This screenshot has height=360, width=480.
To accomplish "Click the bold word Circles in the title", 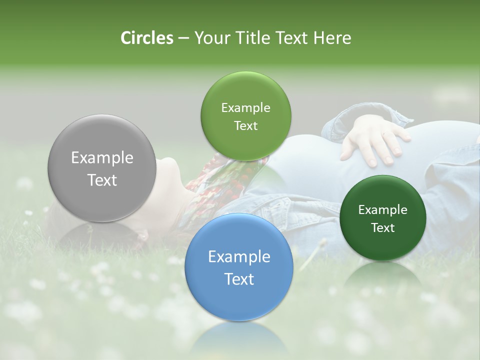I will (x=146, y=38).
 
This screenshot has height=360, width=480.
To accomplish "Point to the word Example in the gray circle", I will (x=102, y=158).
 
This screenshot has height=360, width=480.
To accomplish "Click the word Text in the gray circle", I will (x=102, y=180).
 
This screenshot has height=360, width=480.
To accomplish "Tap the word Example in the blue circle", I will (x=239, y=257).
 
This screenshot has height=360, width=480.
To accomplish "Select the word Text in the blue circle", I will (x=239, y=279).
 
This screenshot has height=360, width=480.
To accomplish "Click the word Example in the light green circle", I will (x=246, y=108).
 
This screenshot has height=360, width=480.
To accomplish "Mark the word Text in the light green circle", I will (x=246, y=125).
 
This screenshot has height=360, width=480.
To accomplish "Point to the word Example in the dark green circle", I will (x=383, y=210).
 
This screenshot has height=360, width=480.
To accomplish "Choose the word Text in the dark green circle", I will (x=383, y=227).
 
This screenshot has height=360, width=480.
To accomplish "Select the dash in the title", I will (x=183, y=38).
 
